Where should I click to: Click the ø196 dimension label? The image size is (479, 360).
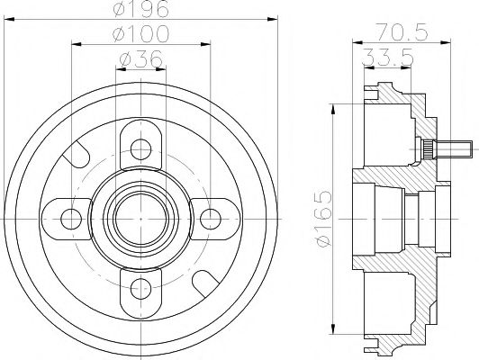[140, 11]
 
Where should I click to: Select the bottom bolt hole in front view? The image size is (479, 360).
[140, 286]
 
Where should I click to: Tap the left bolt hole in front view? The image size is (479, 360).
[69, 216]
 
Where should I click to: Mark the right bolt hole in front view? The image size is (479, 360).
[211, 216]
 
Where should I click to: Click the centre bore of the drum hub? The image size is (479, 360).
[140, 216]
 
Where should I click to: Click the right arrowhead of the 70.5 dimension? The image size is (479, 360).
[448, 40]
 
